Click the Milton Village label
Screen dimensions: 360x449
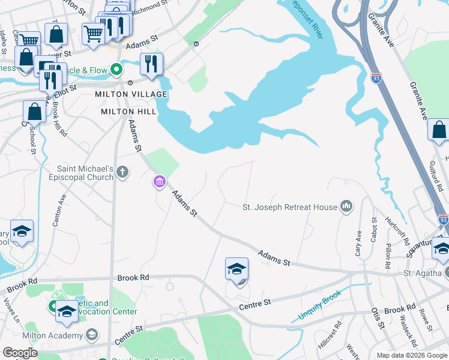[130, 95]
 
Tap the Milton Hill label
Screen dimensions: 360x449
[129, 112]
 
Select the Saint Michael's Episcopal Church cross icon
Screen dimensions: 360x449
[122, 173]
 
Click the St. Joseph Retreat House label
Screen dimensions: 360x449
[290, 208]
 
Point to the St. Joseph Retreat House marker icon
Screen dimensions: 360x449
[346, 207]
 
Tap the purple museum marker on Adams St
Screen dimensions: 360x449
[159, 181]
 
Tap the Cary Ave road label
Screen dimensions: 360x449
[359, 244]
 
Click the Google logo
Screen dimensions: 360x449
[20, 353]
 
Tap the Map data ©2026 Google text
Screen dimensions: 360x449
[412, 355]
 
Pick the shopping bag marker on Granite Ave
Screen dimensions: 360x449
[439, 129]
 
